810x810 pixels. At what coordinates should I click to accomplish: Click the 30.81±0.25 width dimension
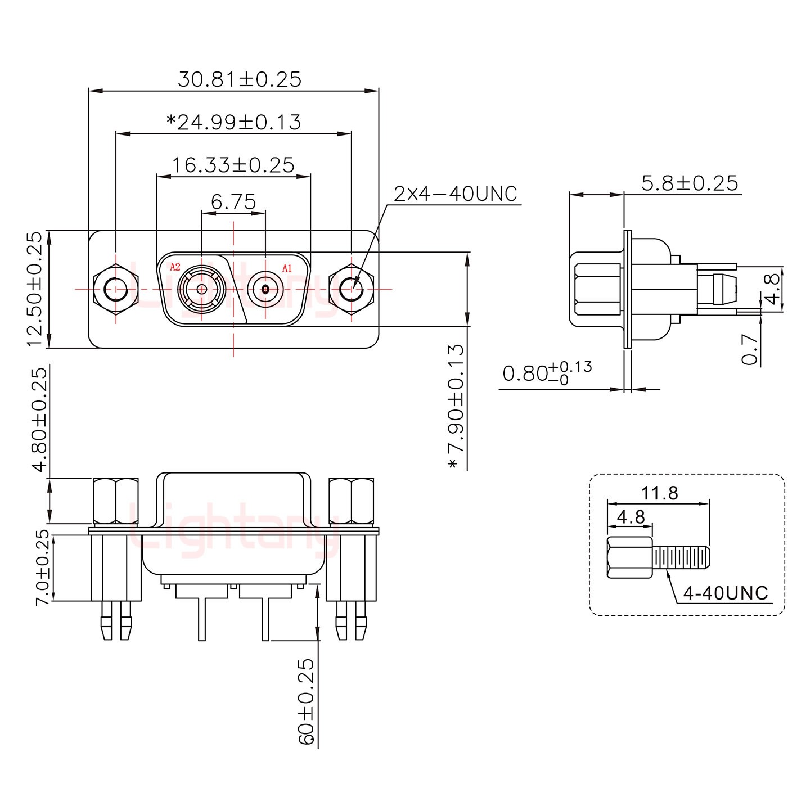click(x=240, y=79)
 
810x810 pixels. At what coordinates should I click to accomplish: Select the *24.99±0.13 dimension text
click(x=234, y=122)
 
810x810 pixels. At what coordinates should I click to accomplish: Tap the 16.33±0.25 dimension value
click(x=233, y=165)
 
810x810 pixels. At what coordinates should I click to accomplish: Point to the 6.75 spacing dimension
click(x=233, y=201)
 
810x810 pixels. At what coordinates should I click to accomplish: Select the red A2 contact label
click(x=175, y=267)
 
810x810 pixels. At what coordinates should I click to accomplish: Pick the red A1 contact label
click(x=287, y=268)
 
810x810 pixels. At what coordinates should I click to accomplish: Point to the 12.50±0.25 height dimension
click(x=34, y=289)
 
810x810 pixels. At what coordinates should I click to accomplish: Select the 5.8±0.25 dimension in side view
click(x=689, y=183)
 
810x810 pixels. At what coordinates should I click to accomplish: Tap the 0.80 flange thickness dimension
click(x=546, y=373)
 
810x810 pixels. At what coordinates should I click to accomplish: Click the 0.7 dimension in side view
click(x=750, y=350)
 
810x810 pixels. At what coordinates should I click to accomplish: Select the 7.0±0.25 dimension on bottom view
click(x=43, y=568)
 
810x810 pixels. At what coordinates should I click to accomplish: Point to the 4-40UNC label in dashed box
click(x=725, y=593)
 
